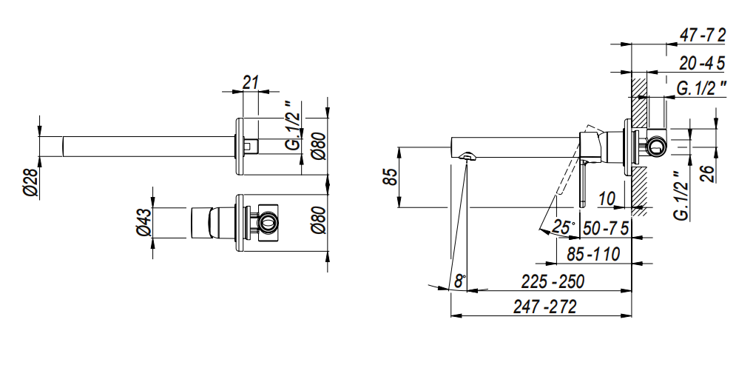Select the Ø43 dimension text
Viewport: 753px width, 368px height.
point(144,222)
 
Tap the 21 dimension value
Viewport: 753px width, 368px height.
point(250,82)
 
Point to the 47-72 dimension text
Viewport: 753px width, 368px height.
point(702,35)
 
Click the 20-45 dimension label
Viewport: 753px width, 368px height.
point(702,63)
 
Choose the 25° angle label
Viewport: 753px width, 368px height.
point(563,227)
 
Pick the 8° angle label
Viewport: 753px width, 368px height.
point(461,281)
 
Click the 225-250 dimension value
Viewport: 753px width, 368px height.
point(553,281)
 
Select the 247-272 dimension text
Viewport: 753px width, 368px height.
point(545,307)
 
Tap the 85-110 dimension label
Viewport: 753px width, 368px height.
point(593,254)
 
